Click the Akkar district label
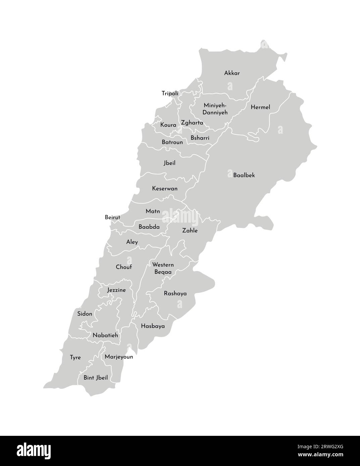point(232,73)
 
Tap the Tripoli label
point(170,94)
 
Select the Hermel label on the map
point(260,107)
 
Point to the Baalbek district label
point(244,175)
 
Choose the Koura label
point(168,125)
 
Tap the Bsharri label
point(200,138)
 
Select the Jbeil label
point(169,163)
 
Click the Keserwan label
point(165,188)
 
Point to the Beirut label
point(112,217)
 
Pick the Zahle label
point(190,231)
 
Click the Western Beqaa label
point(163,268)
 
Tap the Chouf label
point(124,267)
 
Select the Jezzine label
point(116,290)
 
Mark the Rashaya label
point(175,293)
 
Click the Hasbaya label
point(153,326)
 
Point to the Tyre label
point(75,357)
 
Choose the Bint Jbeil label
point(96,377)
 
